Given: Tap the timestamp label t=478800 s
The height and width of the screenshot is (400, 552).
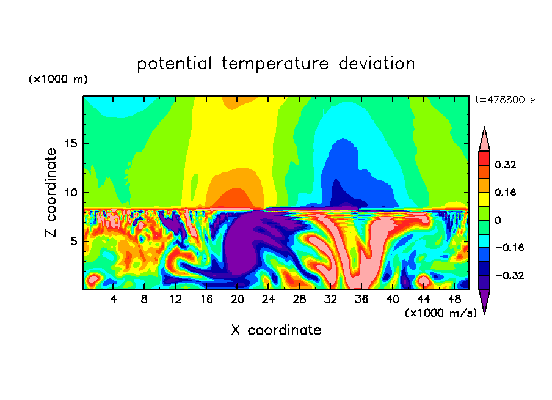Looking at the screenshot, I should click(504, 100).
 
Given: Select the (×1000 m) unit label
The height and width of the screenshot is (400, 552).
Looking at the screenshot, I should click(58, 80).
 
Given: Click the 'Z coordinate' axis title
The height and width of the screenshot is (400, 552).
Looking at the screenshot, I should click(51, 193).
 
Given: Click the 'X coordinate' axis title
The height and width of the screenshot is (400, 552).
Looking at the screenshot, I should click(276, 330).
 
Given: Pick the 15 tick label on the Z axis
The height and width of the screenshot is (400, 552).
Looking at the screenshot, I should click(70, 144).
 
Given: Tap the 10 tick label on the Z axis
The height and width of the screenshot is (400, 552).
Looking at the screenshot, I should click(70, 193).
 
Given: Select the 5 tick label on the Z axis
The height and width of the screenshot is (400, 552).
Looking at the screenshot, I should click(73, 241).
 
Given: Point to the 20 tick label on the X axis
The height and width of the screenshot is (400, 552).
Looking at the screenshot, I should click(238, 299).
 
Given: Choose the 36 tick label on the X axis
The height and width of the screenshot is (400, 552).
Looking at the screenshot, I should click(361, 299).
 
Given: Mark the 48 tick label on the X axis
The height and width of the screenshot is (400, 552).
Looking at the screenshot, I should click(454, 299).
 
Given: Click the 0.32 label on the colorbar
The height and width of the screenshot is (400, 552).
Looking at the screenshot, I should click(506, 165).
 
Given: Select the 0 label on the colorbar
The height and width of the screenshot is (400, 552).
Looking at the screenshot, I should click(498, 220).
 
